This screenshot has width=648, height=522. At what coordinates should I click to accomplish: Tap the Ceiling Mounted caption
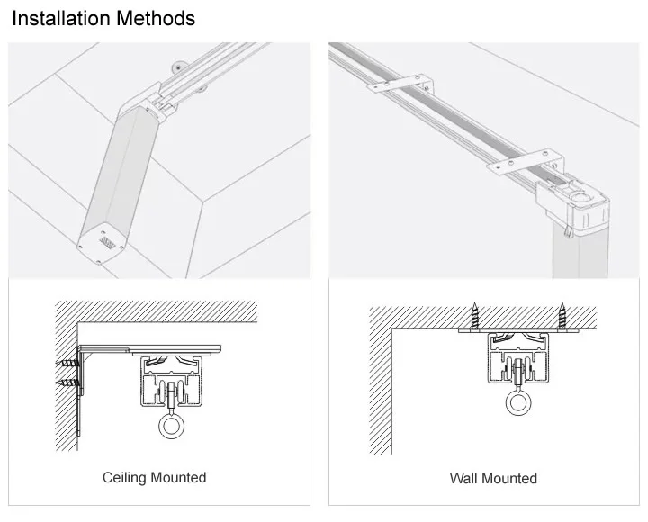click(154, 477)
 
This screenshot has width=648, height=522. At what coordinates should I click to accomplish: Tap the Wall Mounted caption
click(493, 478)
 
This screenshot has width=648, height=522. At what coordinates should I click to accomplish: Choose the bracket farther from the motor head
click(402, 84)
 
